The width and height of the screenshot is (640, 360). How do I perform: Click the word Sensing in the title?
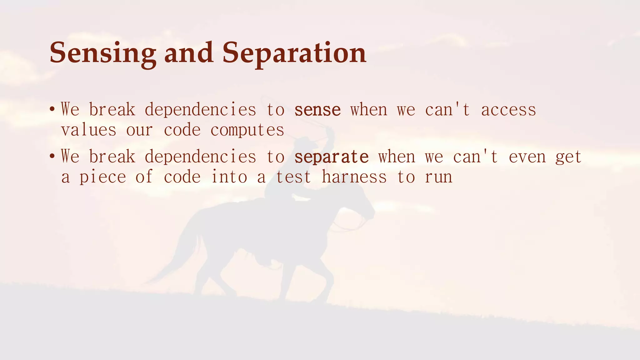click(x=103, y=53)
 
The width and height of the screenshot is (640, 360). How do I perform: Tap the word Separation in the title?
click(x=294, y=53)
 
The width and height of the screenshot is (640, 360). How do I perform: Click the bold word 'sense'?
click(x=317, y=110)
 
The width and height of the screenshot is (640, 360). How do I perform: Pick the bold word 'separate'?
click(x=332, y=157)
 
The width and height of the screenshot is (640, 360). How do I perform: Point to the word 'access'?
click(x=508, y=110)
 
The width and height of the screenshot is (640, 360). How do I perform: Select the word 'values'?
click(x=89, y=130)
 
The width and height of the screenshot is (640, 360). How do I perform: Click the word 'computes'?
click(x=247, y=130)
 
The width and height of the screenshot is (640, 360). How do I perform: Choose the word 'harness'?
click(x=354, y=177)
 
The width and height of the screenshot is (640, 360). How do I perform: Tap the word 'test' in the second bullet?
click(x=293, y=177)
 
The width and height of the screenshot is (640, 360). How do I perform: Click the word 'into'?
click(x=229, y=177)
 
